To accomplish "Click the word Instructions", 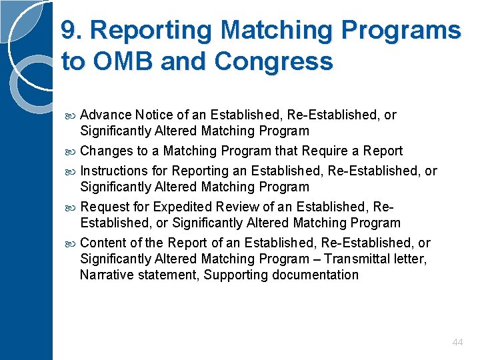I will (x=114, y=171).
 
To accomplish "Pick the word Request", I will (x=103, y=207).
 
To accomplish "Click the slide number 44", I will (x=457, y=342).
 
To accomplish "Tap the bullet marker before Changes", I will (x=71, y=151).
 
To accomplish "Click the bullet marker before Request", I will (x=71, y=207).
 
